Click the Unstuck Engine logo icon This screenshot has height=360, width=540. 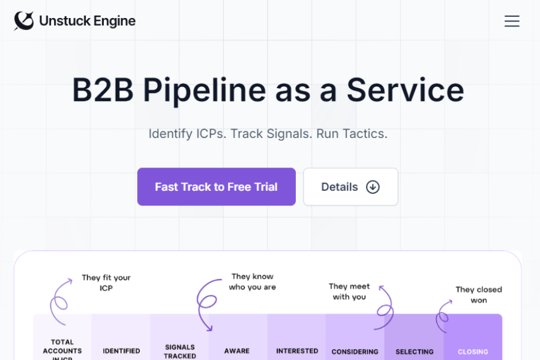click(x=24, y=21)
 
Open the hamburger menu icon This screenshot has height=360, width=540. click(x=512, y=22)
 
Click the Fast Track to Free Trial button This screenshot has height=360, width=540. click(x=216, y=187)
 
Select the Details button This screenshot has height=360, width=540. click(x=350, y=187)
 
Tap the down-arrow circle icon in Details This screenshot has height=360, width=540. click(x=373, y=187)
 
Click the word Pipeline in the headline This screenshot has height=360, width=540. click(x=205, y=90)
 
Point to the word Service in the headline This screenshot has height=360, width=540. click(x=405, y=90)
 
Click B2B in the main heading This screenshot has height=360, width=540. click(x=103, y=90)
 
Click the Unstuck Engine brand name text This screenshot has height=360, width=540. click(x=87, y=21)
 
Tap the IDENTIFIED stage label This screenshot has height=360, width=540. click(x=121, y=351)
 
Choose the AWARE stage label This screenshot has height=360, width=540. click(x=237, y=351)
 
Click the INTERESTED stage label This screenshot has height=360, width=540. click(x=297, y=351)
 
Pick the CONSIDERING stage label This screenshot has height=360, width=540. click(x=355, y=352)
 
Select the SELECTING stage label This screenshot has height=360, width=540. click(x=415, y=352)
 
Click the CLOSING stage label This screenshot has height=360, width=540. click(x=473, y=352)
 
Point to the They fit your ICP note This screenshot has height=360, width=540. click(x=106, y=283)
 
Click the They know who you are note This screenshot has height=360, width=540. click(x=252, y=281)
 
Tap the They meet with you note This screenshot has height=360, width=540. click(x=349, y=292)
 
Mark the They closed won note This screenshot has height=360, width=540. click(x=479, y=295)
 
